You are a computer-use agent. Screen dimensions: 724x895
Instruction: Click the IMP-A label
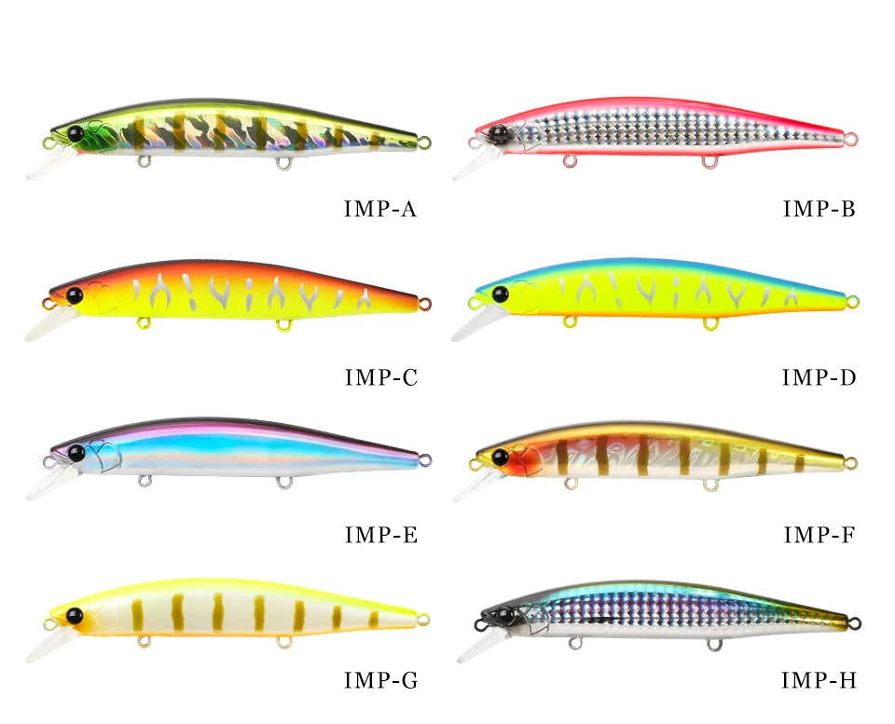[x=380, y=209]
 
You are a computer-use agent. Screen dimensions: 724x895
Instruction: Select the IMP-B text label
[x=819, y=209]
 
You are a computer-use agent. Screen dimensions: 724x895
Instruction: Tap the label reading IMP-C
[x=380, y=376]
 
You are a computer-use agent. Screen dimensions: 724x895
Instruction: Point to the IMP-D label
[x=819, y=376]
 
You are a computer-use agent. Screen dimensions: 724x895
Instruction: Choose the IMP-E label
[x=380, y=535]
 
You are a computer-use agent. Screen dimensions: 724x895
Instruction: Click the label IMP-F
[x=819, y=535]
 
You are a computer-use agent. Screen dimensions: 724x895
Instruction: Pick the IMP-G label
[x=380, y=681]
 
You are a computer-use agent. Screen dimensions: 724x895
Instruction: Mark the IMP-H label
[x=819, y=681]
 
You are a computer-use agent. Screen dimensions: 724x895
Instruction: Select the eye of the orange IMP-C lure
[x=75, y=295]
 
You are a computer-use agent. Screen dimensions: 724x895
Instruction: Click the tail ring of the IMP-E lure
[x=425, y=459]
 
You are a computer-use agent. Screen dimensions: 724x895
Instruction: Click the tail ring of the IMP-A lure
[x=425, y=143]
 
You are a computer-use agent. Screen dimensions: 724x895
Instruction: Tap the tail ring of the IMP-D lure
[x=852, y=300]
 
